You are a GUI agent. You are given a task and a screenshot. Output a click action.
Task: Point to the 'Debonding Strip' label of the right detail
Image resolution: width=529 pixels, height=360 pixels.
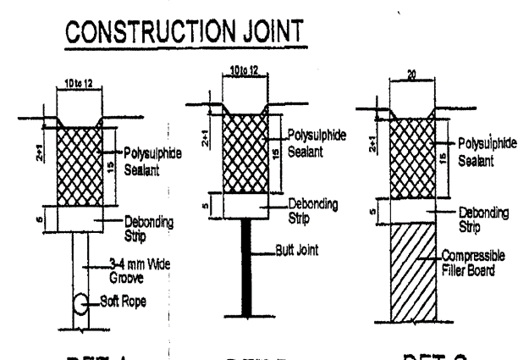466,217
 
